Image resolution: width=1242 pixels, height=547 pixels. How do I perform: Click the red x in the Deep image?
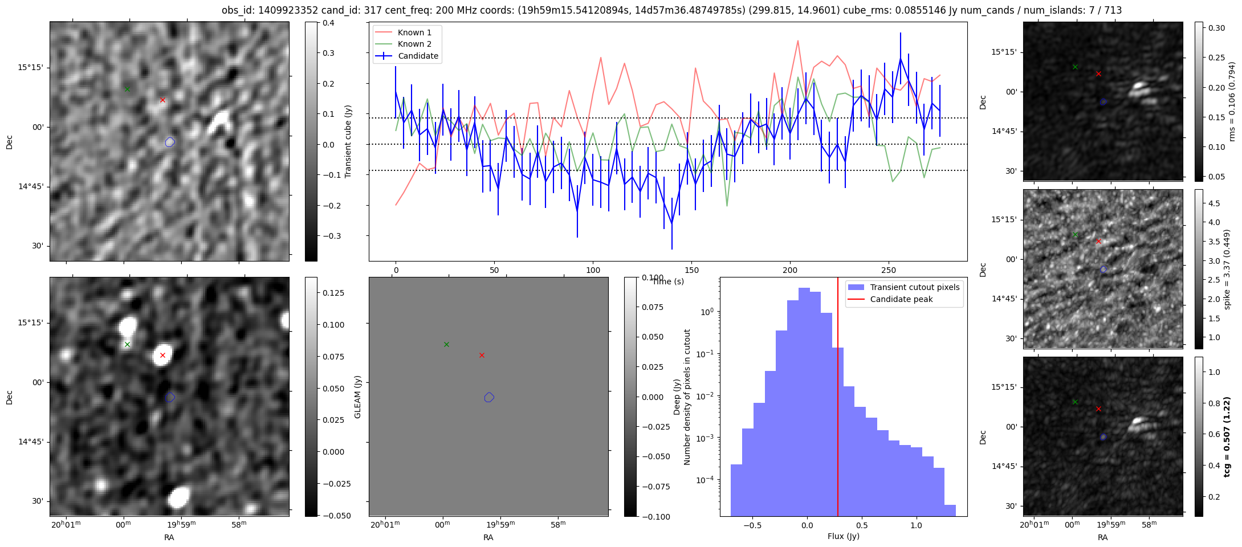[x=162, y=355]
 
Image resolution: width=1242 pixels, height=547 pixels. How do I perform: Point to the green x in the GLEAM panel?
[x=446, y=344]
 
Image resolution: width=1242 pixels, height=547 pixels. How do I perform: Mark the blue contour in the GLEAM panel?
[x=488, y=397]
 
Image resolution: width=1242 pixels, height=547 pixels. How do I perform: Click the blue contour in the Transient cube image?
[x=169, y=142]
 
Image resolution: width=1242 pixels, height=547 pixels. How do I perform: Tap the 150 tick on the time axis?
[x=691, y=270]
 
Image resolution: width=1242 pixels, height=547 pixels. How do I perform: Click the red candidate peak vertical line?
[x=838, y=399]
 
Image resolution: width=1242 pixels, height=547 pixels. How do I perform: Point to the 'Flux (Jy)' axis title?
[x=843, y=536]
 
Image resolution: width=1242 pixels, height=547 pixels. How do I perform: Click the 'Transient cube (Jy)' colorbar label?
[x=348, y=141]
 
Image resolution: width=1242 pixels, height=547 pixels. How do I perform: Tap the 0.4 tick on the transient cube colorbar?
[x=328, y=23]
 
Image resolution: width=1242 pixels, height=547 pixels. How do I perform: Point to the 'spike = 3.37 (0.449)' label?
[x=1227, y=269]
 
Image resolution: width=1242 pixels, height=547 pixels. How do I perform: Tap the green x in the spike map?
[x=1075, y=234]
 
